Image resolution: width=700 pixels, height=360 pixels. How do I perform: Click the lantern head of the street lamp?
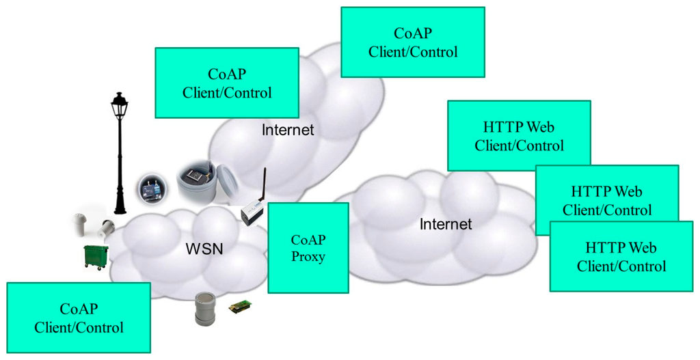[x=120, y=105]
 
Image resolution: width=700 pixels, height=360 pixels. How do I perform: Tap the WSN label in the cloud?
[x=204, y=249]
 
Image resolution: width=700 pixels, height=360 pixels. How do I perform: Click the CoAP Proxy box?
[x=308, y=248]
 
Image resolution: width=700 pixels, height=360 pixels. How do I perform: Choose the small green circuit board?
[x=241, y=307]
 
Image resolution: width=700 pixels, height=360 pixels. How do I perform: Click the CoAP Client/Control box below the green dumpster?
[x=79, y=318]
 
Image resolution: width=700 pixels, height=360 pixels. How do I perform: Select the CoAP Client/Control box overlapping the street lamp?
[x=227, y=83]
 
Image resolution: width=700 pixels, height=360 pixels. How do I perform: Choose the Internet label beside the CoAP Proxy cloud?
[x=446, y=224]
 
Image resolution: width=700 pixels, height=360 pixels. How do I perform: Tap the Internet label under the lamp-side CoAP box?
[x=288, y=130]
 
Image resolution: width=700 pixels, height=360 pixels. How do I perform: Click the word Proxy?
[x=308, y=257]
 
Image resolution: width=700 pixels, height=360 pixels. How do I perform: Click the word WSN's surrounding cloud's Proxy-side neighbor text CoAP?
[x=308, y=240]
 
